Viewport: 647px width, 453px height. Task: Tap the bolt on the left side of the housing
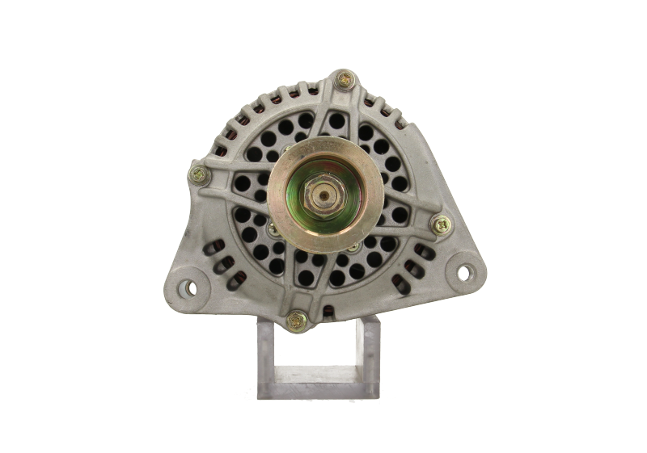point(197,173)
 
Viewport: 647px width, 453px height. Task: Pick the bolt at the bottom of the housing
point(297,319)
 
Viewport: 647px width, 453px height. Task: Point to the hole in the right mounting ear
point(464,272)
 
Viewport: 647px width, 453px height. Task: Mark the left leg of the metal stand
point(267,355)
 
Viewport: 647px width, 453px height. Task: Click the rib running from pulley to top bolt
point(337,121)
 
